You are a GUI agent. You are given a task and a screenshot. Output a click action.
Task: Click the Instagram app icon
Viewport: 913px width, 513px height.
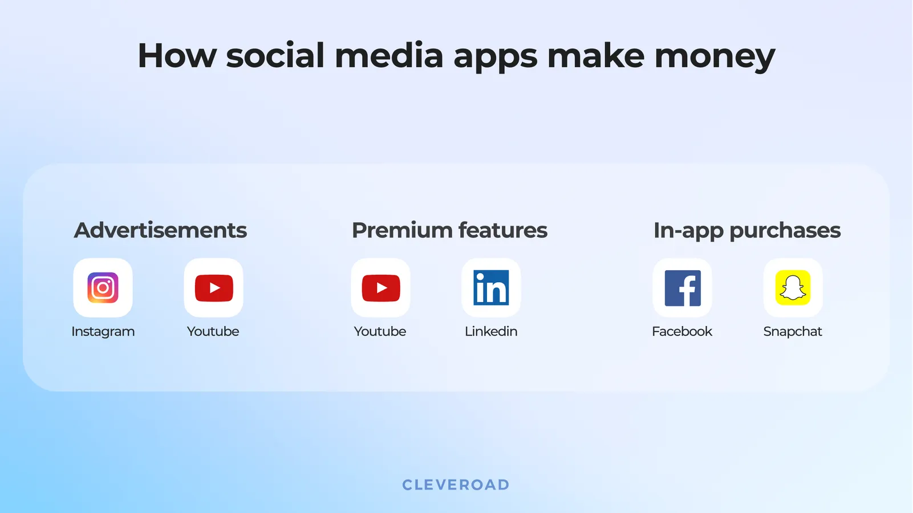click(103, 288)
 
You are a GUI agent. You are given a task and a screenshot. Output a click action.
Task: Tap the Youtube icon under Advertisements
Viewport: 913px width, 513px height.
click(214, 288)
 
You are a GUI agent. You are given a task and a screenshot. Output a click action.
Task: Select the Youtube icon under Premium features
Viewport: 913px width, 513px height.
click(381, 288)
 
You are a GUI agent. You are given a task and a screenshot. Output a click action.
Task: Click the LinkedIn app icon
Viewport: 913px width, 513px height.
click(491, 288)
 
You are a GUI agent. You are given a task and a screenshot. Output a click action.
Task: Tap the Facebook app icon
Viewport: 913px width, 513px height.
click(682, 288)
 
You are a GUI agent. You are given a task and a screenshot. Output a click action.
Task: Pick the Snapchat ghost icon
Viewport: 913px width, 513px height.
click(793, 288)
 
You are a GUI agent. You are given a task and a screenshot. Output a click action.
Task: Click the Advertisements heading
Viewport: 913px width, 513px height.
click(160, 230)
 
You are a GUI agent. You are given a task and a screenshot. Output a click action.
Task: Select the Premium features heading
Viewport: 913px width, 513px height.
click(449, 230)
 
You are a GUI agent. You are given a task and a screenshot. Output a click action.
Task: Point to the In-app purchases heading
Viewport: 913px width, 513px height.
click(746, 231)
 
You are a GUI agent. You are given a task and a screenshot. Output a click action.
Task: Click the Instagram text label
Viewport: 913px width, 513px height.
click(103, 332)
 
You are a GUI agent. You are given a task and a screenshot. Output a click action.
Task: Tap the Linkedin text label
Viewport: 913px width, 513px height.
click(491, 331)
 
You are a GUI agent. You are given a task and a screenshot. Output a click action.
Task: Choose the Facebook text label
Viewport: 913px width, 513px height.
click(682, 331)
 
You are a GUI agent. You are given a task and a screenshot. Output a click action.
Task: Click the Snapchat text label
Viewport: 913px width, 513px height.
click(793, 332)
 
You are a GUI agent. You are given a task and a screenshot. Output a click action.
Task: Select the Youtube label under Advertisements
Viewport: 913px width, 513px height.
click(213, 331)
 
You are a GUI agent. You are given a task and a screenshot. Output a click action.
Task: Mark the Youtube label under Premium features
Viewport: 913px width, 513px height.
click(380, 331)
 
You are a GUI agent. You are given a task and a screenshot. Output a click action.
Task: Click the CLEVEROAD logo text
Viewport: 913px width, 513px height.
click(456, 484)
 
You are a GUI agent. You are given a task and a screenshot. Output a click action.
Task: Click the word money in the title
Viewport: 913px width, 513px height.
click(715, 57)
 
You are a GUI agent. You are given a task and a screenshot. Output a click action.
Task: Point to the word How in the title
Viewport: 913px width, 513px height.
click(176, 55)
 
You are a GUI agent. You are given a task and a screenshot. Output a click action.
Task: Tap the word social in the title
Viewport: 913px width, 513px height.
click(275, 55)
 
